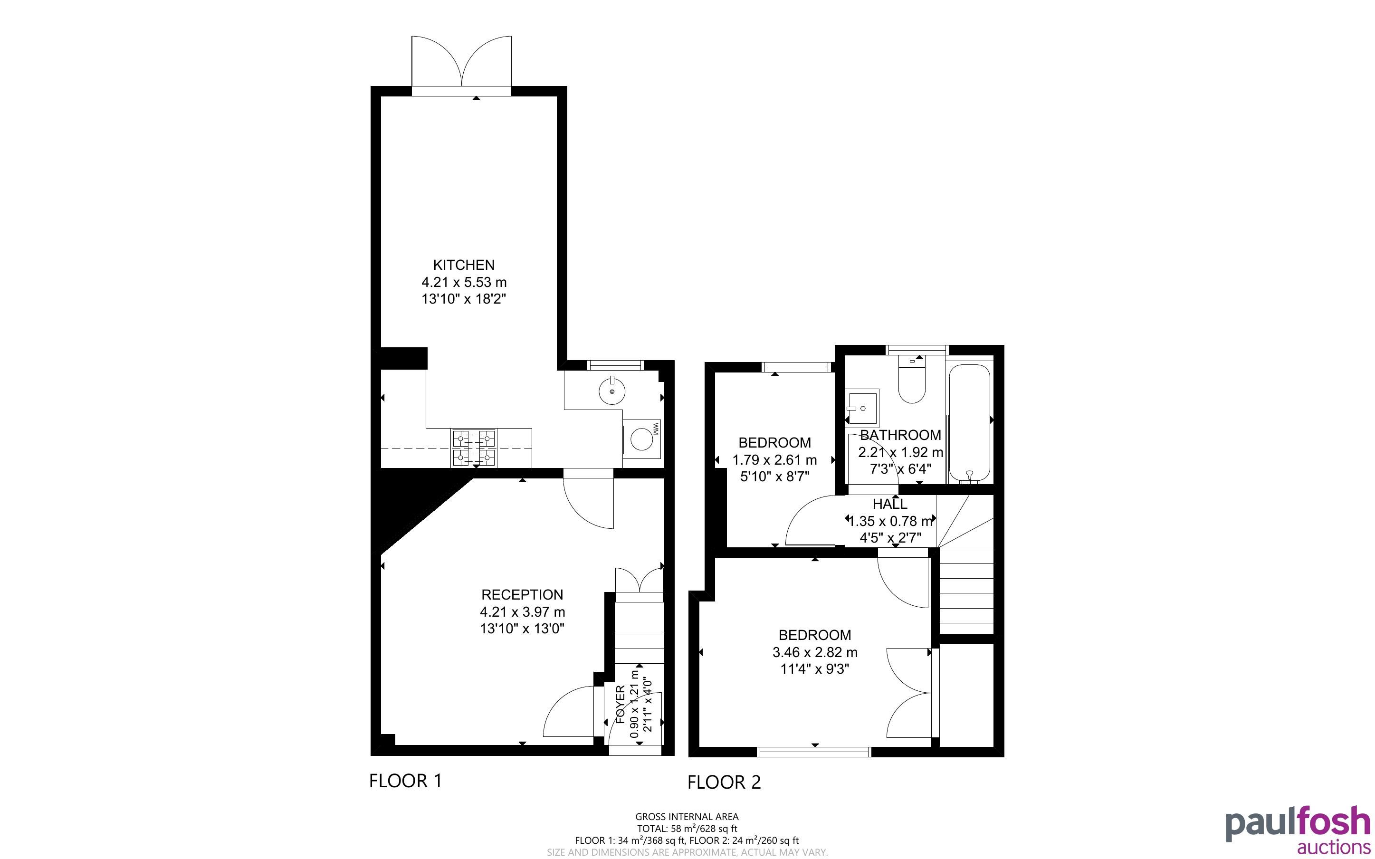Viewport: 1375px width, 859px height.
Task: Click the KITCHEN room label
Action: [463, 265]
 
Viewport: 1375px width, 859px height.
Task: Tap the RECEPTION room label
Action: [522, 595]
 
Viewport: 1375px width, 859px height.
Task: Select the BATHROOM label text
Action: [900, 435]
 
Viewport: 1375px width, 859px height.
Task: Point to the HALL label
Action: [890, 504]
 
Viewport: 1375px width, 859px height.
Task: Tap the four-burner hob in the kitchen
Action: [474, 448]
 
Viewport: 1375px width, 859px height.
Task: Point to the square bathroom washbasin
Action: [861, 407]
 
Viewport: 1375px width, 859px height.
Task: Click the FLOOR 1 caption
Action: [405, 781]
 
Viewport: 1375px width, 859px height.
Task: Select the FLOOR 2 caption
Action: [724, 783]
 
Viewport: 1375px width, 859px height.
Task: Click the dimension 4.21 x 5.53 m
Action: [463, 282]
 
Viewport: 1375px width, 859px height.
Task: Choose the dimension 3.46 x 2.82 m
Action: [814, 652]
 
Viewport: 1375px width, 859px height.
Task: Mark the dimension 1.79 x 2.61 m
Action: [774, 459]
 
